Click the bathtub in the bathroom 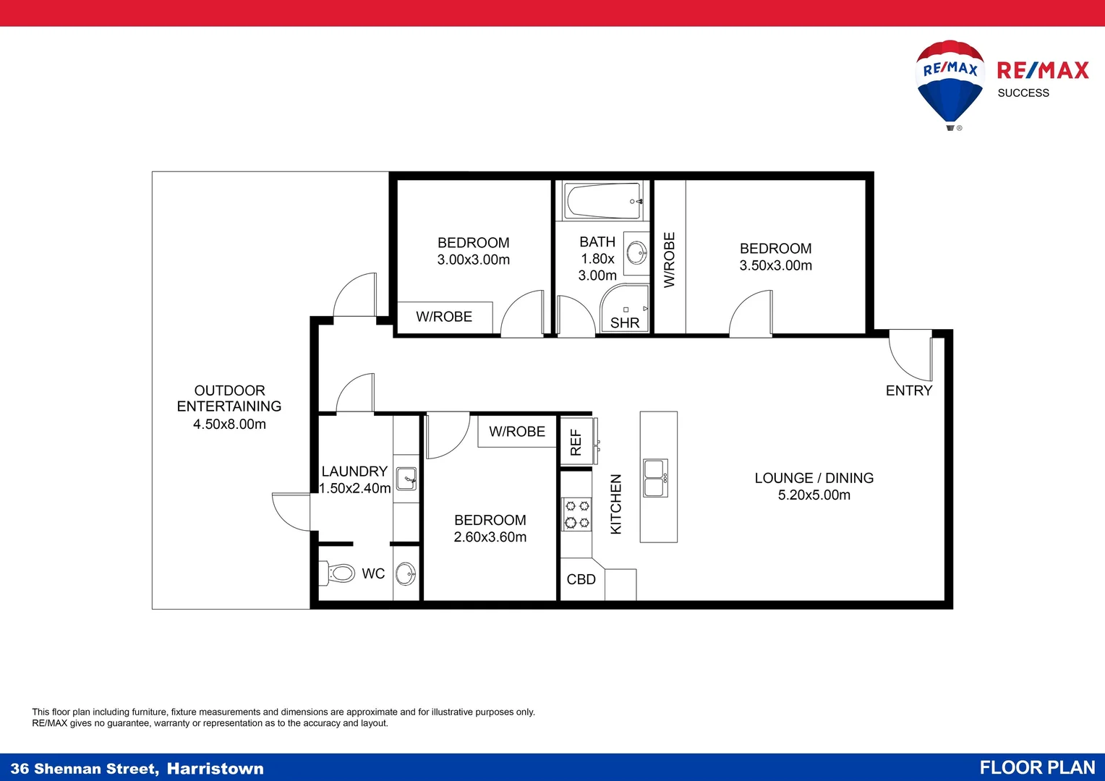pos(603,201)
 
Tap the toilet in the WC pos(337,573)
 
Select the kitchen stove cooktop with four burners pos(576,514)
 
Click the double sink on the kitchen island pos(656,477)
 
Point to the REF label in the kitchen pos(576,442)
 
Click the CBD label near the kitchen pos(581,579)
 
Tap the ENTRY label pos(909,390)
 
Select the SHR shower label pos(625,323)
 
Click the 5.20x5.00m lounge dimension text pos(814,495)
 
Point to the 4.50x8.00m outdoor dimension pos(229,424)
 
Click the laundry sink pos(406,478)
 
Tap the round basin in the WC pos(406,573)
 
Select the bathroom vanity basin pos(637,253)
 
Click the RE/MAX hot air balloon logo pos(950,85)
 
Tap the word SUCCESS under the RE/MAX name pos(1023,93)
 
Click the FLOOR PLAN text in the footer pos(1037,767)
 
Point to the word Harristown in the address pos(215,768)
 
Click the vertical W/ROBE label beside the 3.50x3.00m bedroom pos(669,260)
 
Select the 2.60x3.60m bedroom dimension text pos(490,537)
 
